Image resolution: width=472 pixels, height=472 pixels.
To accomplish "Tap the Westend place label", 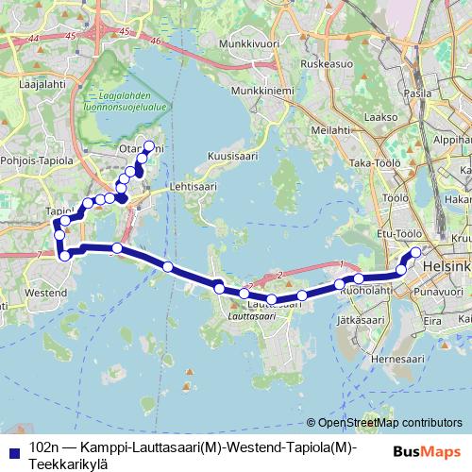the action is click(44, 294).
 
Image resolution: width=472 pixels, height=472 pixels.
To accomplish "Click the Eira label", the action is click(431, 322).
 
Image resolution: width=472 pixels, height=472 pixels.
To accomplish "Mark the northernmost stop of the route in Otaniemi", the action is click(148, 145).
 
